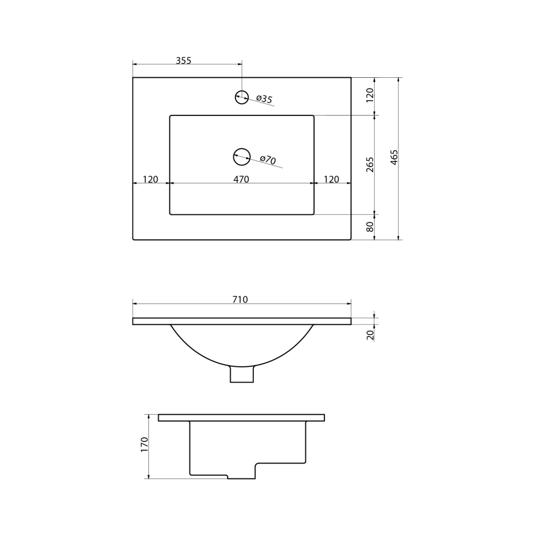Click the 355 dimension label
(183, 61)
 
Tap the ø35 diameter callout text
(264, 99)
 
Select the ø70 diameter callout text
(268, 159)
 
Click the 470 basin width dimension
(241, 179)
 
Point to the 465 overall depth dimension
(394, 158)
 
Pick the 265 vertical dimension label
(370, 165)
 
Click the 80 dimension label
(370, 227)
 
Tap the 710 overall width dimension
(240, 299)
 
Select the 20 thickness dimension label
(370, 335)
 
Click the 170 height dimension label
(144, 445)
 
